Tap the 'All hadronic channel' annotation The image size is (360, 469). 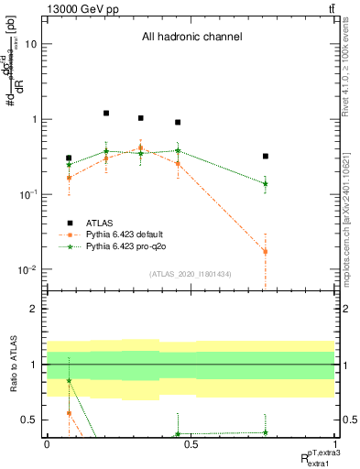point(191,38)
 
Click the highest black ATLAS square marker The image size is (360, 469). point(106,113)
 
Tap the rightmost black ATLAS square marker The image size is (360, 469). point(265,157)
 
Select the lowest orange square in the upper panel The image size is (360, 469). point(265,251)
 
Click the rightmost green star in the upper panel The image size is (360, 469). point(265,183)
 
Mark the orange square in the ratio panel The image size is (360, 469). point(70,413)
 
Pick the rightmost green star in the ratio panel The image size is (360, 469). point(265,432)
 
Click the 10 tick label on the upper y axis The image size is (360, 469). point(31,44)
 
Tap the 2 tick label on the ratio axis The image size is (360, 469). point(34,310)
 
